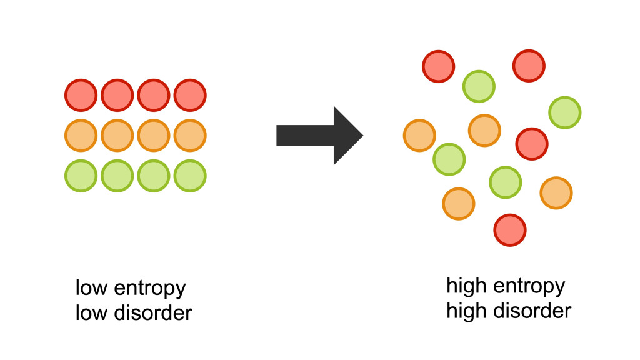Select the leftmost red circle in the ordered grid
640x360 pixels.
(x=81, y=96)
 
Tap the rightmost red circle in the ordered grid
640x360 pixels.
(x=190, y=96)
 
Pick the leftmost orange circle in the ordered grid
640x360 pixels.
(x=81, y=135)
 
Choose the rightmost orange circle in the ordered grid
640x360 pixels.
(x=190, y=135)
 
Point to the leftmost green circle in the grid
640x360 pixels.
(x=81, y=176)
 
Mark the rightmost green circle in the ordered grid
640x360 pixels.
(x=190, y=176)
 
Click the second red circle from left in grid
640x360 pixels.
(x=117, y=96)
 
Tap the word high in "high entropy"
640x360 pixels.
(x=466, y=287)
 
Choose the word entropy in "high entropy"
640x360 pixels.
(x=528, y=287)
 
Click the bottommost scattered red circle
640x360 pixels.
(x=510, y=230)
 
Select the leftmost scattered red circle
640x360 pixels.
(x=439, y=66)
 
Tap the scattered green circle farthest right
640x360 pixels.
(x=565, y=112)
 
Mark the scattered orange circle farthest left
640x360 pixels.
(x=419, y=135)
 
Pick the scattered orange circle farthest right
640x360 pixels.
(x=556, y=193)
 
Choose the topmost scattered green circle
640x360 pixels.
(x=479, y=86)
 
